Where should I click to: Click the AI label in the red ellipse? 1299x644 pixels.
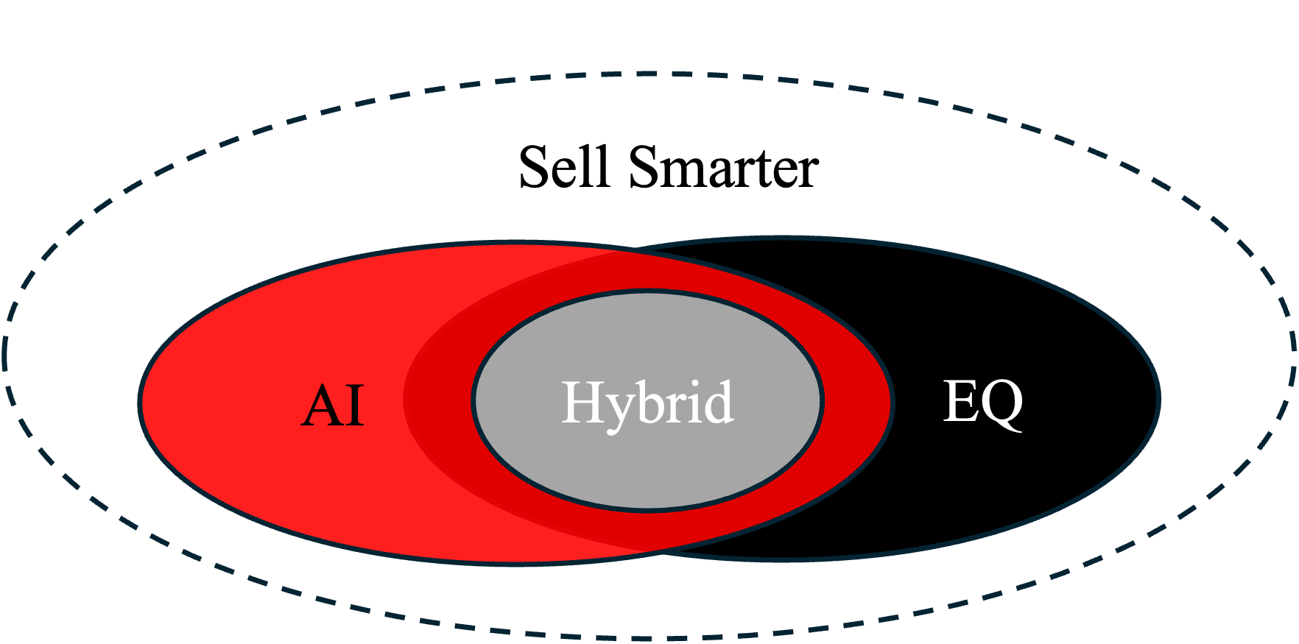click(x=333, y=406)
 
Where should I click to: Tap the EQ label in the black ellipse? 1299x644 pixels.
click(x=983, y=404)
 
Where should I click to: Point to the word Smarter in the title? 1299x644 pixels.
click(x=724, y=168)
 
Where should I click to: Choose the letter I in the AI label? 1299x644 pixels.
click(x=356, y=406)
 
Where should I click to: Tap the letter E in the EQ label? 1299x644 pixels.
click(x=960, y=401)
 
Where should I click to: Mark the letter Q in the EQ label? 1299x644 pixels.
click(x=1002, y=406)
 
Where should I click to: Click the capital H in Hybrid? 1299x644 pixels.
click(x=584, y=402)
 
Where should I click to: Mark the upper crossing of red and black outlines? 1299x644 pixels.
click(x=636, y=250)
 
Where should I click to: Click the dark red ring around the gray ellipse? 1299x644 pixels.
click(x=439, y=401)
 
